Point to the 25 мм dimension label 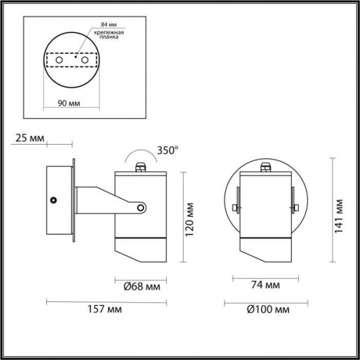pos(29,139)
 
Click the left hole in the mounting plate pos(59,61)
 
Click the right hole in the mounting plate pos(85,61)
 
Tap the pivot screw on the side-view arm pos(141,208)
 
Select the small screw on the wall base pos(54,200)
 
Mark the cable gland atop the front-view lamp pos(265,168)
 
